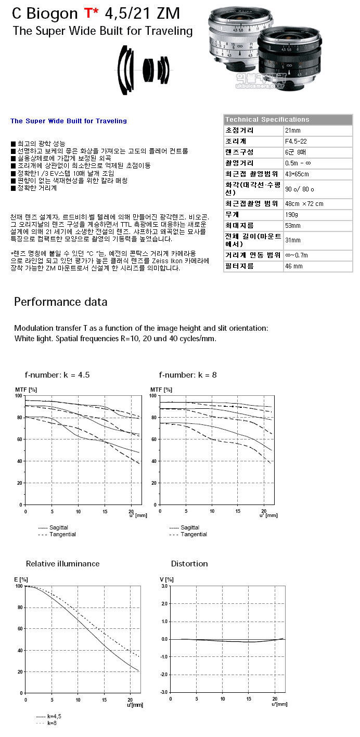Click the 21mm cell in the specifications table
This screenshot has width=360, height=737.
pos(293,130)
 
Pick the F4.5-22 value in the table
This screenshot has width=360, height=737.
pos(296,141)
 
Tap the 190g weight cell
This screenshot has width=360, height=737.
pos(292,214)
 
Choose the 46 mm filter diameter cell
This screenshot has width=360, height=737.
pos(294,266)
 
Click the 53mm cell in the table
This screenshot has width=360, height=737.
pos(293,226)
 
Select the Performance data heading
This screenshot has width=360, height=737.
pos(60,302)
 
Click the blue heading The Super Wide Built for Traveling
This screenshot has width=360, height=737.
pos(69,121)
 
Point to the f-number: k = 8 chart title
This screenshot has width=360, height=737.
pos(188,374)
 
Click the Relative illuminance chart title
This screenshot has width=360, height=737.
pos(62,564)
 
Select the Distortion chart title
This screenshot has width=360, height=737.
pos(189,564)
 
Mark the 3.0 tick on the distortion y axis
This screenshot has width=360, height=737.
pos(164,586)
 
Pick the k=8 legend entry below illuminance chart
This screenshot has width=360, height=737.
pos(52,723)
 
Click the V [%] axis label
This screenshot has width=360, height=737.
pos(165,579)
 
